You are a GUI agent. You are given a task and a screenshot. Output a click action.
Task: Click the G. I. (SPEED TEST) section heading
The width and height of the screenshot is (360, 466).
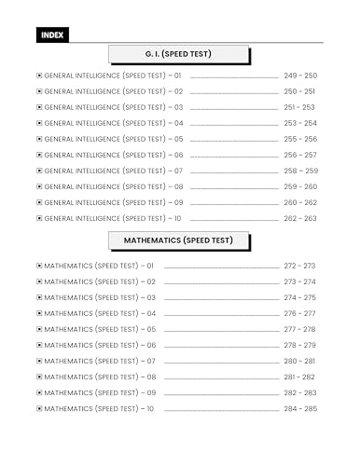180,53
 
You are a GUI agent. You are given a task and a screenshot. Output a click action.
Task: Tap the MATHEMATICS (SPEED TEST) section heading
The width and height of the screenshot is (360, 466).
180,240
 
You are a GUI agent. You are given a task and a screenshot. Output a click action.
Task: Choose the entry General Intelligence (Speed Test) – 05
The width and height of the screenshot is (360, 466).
114,139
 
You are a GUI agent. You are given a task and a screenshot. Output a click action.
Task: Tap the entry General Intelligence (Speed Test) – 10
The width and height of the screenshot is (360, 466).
114,218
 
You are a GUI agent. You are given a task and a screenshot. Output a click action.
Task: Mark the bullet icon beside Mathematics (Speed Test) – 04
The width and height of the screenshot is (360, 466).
39,313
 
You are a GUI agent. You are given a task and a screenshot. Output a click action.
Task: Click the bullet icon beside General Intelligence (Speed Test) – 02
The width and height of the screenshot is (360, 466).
39,91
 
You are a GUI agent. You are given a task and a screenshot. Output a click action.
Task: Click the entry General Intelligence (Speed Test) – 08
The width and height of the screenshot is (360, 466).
114,186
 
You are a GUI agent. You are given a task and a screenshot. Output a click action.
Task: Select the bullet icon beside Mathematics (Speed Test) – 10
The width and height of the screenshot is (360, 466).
39,408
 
